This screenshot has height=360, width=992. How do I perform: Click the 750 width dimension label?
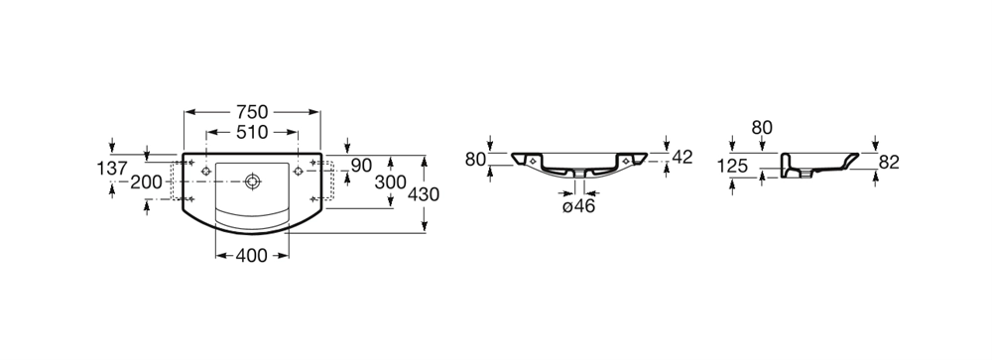(252, 112)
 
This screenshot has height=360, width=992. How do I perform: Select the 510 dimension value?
(252, 132)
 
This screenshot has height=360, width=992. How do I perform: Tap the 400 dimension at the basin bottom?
(252, 256)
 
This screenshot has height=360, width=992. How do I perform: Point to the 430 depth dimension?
(424, 194)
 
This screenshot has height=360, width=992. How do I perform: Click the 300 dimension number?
(390, 182)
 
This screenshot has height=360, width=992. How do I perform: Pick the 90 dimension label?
(361, 166)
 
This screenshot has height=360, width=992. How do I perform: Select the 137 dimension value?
(112, 169)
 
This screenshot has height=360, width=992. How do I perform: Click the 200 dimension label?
(146, 182)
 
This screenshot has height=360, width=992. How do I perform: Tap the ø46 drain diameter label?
(579, 205)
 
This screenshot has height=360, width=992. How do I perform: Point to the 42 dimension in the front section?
(682, 157)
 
